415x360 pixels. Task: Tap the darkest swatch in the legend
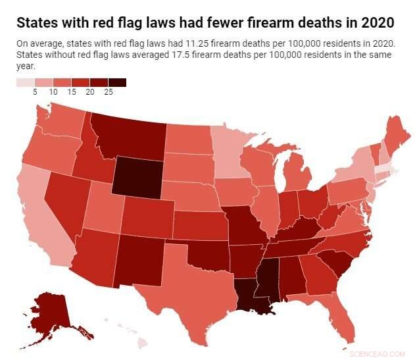pyautogui.click(x=117, y=83)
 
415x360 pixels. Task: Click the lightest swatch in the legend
pyautogui.click(x=25, y=83)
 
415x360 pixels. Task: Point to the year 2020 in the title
pyautogui.click(x=376, y=23)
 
